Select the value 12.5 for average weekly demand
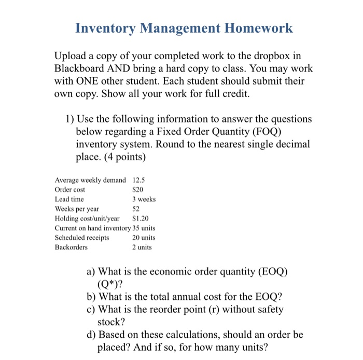(x=139, y=180)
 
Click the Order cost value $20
(x=137, y=189)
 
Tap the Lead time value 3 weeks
(x=144, y=199)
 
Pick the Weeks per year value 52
(x=136, y=209)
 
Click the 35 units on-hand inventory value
(x=144, y=228)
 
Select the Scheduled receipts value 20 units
(x=144, y=238)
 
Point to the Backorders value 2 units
(x=142, y=247)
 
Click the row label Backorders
(x=71, y=247)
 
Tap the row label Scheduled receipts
(x=82, y=238)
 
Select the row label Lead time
(x=69, y=199)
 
